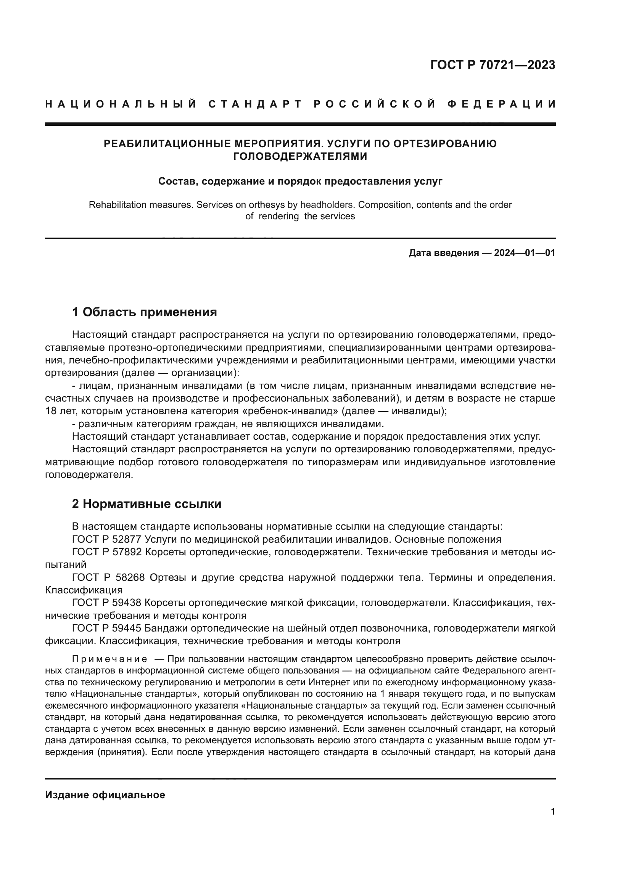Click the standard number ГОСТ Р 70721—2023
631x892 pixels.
coord(493,65)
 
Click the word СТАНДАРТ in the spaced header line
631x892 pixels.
coord(255,104)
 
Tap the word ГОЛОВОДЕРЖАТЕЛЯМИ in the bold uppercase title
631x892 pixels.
coord(300,157)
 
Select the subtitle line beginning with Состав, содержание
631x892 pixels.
coord(300,182)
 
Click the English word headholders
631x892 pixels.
coord(327,205)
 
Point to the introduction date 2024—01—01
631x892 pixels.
coord(524,253)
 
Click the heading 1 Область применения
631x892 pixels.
coord(144,312)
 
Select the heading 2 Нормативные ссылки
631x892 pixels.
coord(146,504)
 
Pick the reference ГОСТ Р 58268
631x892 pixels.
coord(108,578)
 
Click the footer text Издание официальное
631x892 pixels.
coord(105,795)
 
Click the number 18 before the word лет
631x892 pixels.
coord(51,411)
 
